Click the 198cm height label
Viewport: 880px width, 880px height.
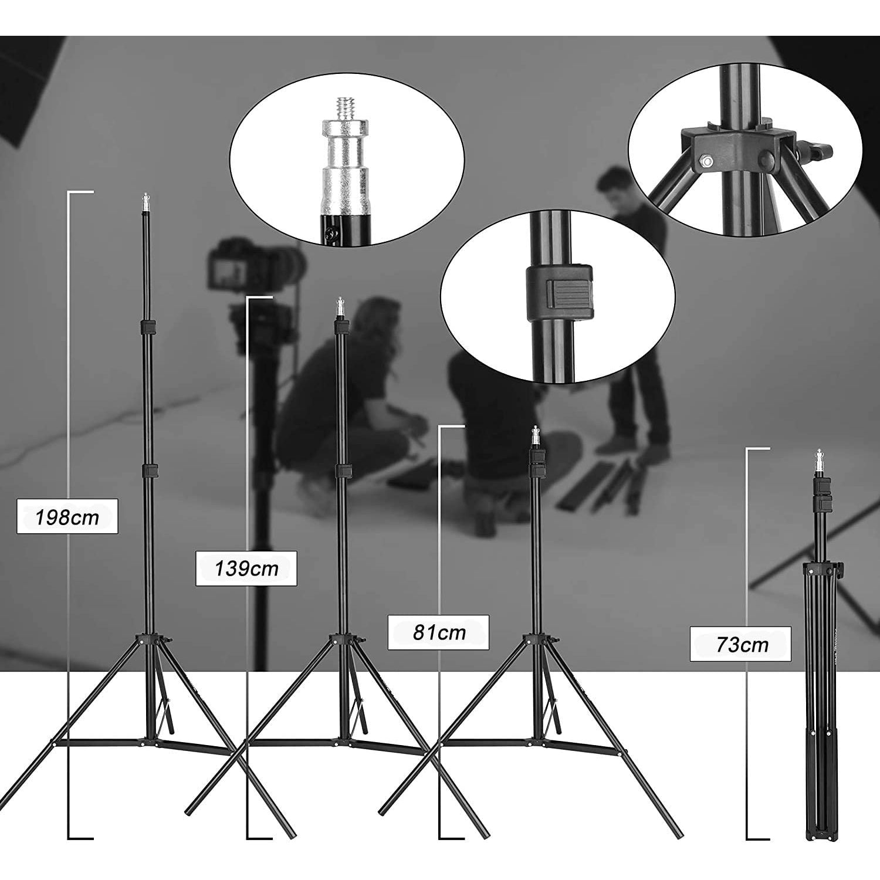click(67, 517)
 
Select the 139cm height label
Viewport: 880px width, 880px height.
click(246, 568)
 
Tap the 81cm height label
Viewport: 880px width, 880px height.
click(438, 632)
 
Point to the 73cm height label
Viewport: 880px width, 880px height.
click(740, 644)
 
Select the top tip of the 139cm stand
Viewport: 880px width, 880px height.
click(339, 300)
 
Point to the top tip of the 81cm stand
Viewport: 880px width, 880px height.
click(535, 428)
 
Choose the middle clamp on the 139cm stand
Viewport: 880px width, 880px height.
click(342, 471)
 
